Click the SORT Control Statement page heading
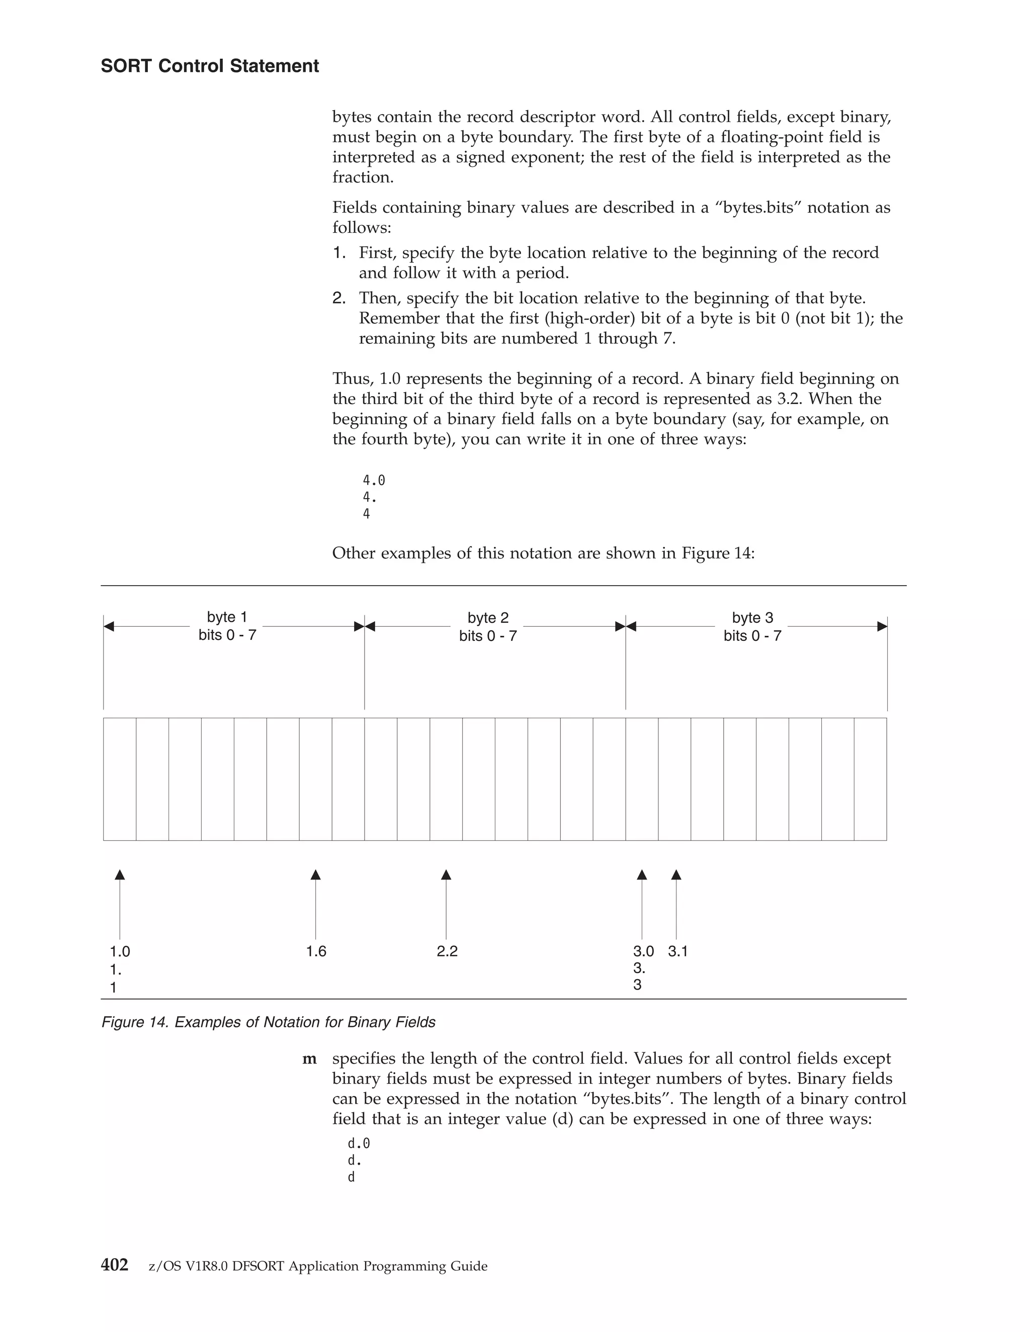click(209, 66)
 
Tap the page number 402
click(114, 1265)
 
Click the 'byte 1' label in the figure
click(227, 617)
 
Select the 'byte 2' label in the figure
click(487, 618)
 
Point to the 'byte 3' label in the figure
click(752, 618)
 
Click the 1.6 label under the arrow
click(316, 952)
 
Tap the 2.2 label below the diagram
click(447, 952)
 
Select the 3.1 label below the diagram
click(677, 952)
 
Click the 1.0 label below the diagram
click(120, 952)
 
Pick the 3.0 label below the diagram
click(643, 952)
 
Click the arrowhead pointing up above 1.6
click(315, 875)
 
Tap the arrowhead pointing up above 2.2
click(446, 875)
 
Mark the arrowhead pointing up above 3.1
click(676, 875)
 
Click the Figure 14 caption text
click(268, 1022)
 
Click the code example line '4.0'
click(374, 481)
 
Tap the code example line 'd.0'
click(359, 1144)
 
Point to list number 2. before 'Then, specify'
click(339, 298)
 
